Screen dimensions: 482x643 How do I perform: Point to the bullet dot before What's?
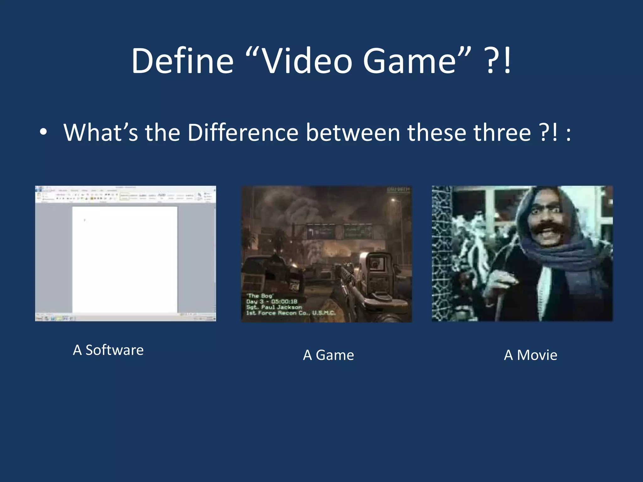click(44, 132)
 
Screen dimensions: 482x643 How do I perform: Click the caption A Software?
click(108, 350)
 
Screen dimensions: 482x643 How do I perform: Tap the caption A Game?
click(328, 355)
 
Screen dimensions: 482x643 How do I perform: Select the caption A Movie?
click(531, 355)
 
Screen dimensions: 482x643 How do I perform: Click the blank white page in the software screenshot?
click(125, 259)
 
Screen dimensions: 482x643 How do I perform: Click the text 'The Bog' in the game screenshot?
click(260, 296)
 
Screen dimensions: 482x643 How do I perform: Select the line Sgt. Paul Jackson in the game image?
click(274, 307)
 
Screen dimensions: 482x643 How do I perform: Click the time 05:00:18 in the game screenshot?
click(284, 302)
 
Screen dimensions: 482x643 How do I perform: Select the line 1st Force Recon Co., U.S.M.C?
click(291, 313)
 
